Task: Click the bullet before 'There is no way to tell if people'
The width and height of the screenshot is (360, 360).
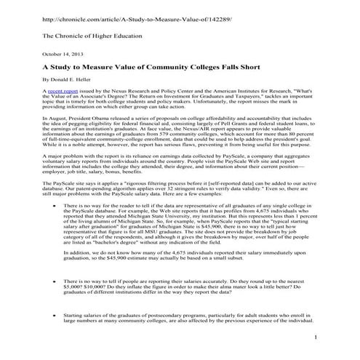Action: click(67, 280)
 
